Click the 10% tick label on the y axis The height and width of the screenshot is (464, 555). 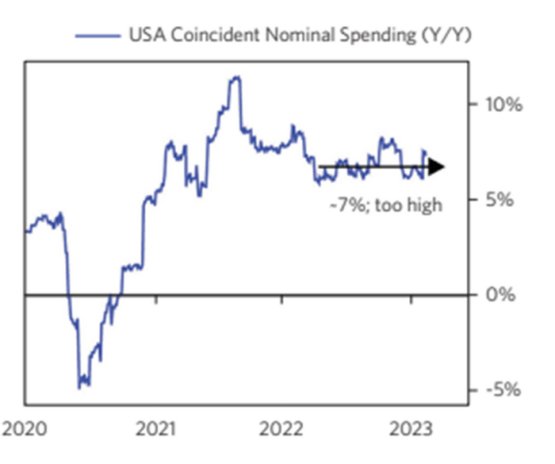pyautogui.click(x=503, y=105)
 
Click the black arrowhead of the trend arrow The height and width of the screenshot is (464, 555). pyautogui.click(x=437, y=167)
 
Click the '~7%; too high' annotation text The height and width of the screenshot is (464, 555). pyautogui.click(x=385, y=205)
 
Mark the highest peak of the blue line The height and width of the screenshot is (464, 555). pyautogui.click(x=234, y=77)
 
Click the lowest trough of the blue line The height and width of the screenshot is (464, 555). pyautogui.click(x=80, y=387)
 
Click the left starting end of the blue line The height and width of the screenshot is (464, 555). pyautogui.click(x=26, y=232)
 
